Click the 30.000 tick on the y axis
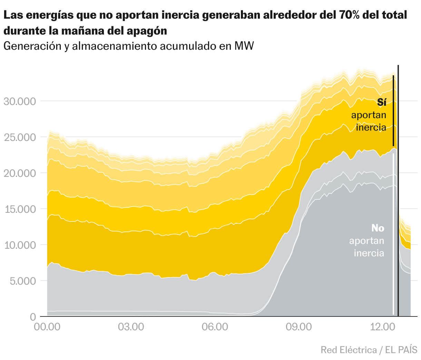click(20, 102)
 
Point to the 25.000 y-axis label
click(20, 138)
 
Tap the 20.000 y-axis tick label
click(20, 173)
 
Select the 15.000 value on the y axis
click(20, 209)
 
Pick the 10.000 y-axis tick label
click(20, 245)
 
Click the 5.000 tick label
click(22, 281)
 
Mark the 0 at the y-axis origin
click(33, 317)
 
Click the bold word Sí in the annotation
click(381, 103)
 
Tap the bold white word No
click(378, 228)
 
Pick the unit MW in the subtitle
click(244, 46)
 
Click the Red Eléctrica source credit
click(349, 350)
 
